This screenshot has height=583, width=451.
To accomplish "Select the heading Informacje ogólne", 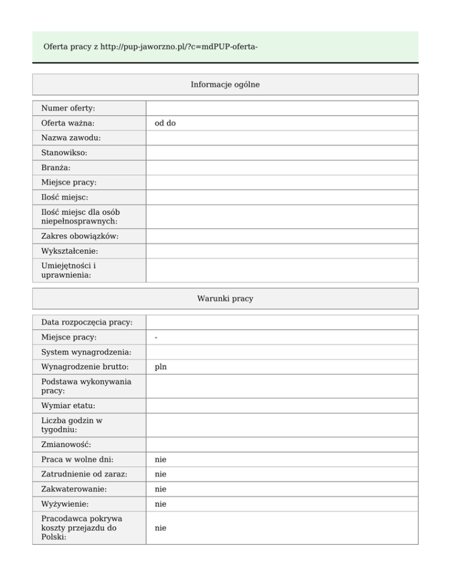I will pos(225,84).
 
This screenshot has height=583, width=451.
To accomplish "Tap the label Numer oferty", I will pos(68,109).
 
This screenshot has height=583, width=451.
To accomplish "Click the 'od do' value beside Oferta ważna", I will pos(165,123).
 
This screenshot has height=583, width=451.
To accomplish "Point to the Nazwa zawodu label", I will pos(70,138).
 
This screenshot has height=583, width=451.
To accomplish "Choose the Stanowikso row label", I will pos(64,152).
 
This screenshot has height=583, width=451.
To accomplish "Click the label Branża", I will pos(56,168).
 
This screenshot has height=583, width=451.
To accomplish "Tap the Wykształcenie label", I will pos(70,251).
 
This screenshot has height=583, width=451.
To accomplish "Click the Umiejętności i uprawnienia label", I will pos(69,270).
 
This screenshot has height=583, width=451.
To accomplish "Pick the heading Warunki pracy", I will pos(225,299).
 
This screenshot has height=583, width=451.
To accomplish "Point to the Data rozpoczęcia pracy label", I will pos(86,323).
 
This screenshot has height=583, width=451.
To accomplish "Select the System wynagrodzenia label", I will pos(86,352).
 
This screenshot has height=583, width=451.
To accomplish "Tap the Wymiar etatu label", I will pos(68,406).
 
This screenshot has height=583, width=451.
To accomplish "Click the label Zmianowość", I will pos(66,445).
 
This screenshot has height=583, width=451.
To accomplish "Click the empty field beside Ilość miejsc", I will pos(282,198).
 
